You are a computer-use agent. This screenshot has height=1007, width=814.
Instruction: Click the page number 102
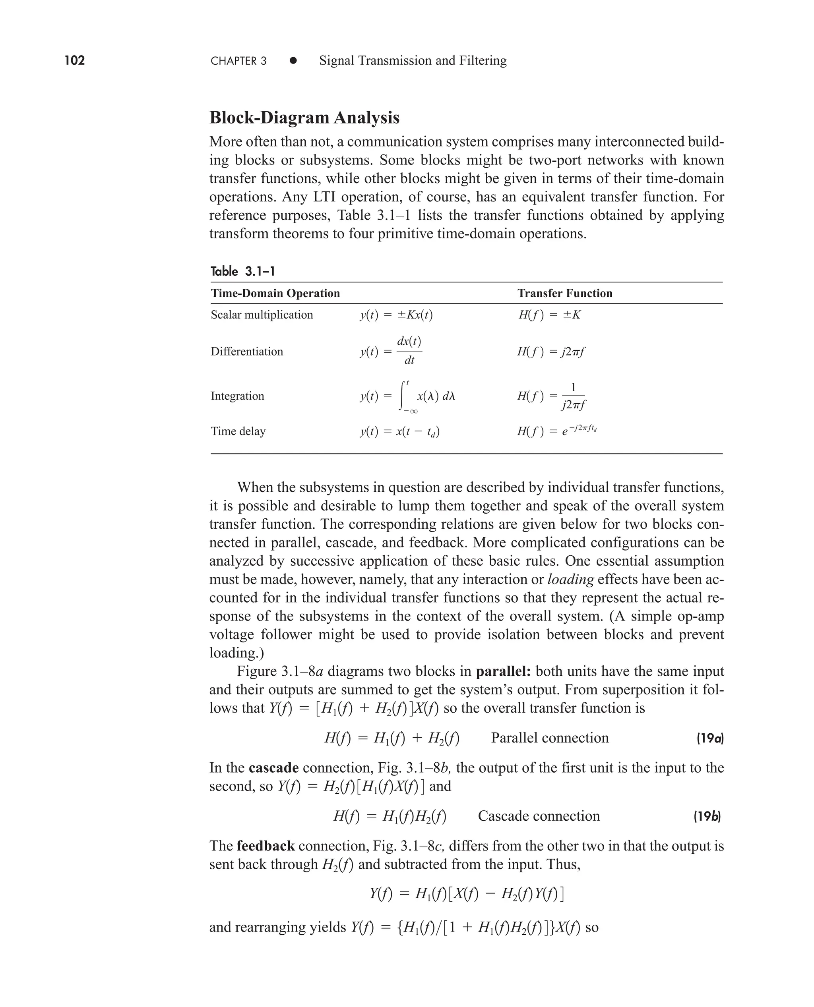click(x=75, y=60)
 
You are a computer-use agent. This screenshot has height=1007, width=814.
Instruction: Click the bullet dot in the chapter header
click(x=293, y=60)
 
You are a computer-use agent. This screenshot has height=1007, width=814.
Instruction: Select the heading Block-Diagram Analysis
click(x=304, y=118)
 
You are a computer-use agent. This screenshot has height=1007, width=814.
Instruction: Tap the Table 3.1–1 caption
click(x=242, y=271)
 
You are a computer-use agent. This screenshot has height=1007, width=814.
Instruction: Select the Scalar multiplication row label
click(x=262, y=315)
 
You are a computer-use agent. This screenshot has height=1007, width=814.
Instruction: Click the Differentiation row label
click(x=247, y=352)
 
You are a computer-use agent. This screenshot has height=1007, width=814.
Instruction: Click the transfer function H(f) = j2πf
click(x=551, y=352)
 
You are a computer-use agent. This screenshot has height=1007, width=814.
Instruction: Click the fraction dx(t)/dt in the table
click(x=409, y=350)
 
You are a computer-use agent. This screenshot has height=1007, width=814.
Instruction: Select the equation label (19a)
click(x=709, y=739)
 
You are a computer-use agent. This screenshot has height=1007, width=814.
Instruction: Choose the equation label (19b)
click(x=707, y=817)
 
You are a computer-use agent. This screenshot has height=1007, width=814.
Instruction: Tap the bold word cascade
click(x=273, y=768)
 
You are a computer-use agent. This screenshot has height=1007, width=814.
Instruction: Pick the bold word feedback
click(x=266, y=846)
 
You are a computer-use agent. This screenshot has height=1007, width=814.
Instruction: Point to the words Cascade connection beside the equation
click(x=539, y=816)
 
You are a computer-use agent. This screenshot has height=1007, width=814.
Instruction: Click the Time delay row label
click(x=238, y=431)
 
